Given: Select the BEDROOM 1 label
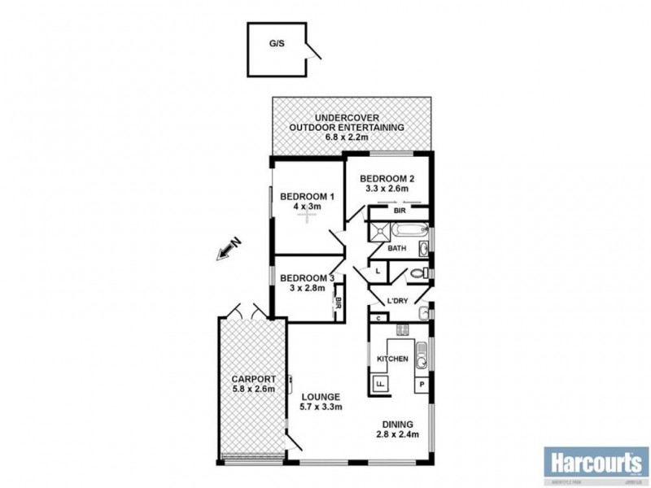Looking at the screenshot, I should (307, 196).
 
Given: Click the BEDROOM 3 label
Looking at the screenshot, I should (306, 277).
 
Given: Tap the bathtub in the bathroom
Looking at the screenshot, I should (404, 228).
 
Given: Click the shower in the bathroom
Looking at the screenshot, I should (378, 233).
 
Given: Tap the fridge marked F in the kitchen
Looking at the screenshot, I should (379, 385).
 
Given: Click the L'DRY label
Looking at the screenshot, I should (397, 301).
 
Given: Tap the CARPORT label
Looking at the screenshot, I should (253, 379).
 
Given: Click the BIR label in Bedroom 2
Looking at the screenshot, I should (399, 211).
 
